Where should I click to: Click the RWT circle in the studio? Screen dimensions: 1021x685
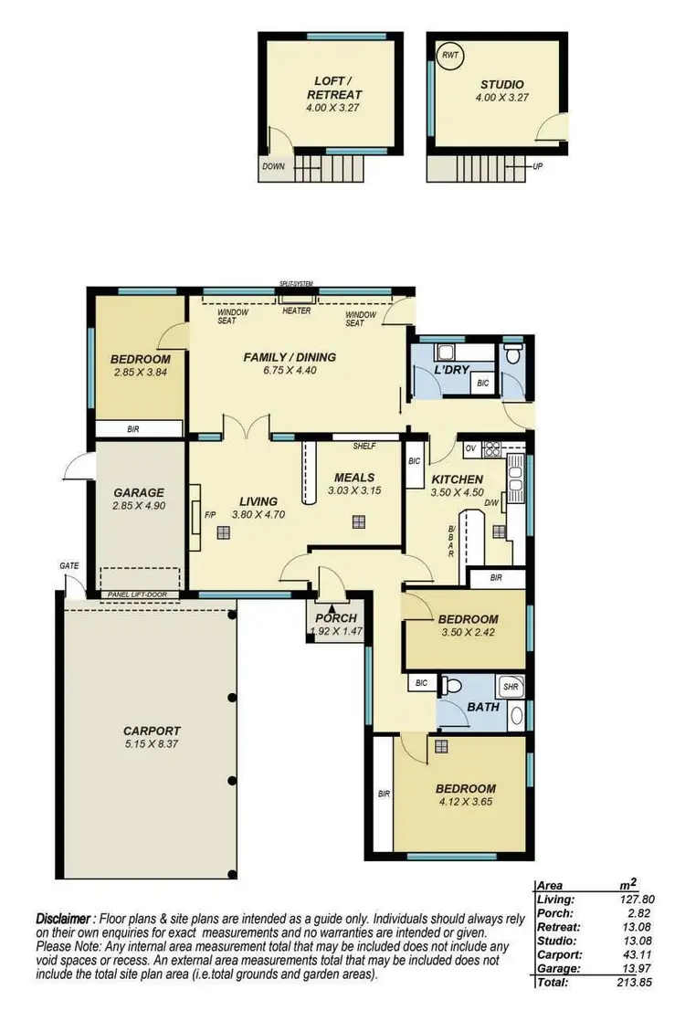click(450, 55)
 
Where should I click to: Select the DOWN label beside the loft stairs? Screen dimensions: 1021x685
click(273, 167)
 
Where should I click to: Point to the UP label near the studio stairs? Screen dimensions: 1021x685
click(538, 167)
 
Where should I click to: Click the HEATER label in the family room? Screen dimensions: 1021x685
click(297, 311)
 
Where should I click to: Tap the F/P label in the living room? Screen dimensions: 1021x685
click(209, 512)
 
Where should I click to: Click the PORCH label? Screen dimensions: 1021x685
click(335, 618)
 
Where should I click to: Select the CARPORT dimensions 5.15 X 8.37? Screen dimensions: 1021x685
click(153, 745)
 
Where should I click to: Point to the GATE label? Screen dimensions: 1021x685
click(69, 566)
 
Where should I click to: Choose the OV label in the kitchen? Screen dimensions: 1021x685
click(470, 448)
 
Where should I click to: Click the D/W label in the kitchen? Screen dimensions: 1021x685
click(490, 503)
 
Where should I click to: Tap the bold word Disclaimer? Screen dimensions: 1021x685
click(64, 917)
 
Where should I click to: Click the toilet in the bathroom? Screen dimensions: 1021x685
click(450, 685)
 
